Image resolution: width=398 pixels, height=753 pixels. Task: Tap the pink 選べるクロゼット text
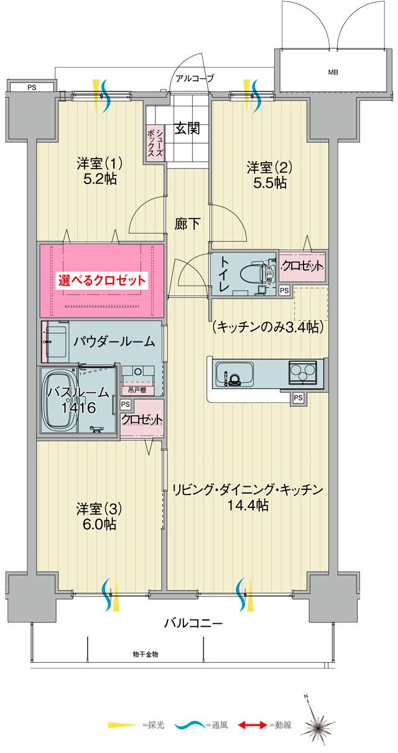pyautogui.click(x=103, y=280)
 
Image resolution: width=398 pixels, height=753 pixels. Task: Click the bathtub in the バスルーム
pyautogui.click(x=59, y=401)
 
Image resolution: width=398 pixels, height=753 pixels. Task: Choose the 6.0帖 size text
pyautogui.click(x=99, y=524)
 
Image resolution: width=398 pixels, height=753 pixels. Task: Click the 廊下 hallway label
pyautogui.click(x=188, y=223)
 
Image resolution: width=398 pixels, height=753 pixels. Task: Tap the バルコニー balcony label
pyautogui.click(x=193, y=622)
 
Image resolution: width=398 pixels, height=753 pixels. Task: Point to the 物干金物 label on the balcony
pyautogui.click(x=146, y=655)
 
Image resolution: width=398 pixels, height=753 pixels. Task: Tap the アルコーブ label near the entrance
pyautogui.click(x=195, y=78)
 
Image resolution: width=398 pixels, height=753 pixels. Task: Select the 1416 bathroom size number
pyautogui.click(x=78, y=409)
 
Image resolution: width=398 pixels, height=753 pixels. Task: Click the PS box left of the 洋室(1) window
pyautogui.click(x=31, y=88)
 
